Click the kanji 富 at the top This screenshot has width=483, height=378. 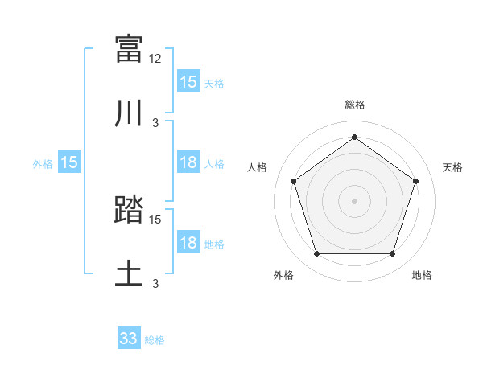click(x=130, y=49)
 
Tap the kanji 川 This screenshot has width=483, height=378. click(x=130, y=114)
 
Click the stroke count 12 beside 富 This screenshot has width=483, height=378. click(x=156, y=58)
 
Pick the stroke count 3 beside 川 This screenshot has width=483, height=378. click(x=156, y=123)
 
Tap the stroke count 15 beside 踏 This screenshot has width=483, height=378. click(x=156, y=219)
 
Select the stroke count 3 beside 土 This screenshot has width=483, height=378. click(x=156, y=284)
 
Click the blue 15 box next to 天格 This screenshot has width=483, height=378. click(x=188, y=82)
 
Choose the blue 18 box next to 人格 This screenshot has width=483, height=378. click(x=188, y=163)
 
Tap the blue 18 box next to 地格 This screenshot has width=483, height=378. click(x=188, y=244)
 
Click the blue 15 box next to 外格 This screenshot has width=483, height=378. click(x=69, y=163)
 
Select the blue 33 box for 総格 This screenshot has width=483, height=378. click(x=129, y=339)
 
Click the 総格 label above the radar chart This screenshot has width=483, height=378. click(x=355, y=105)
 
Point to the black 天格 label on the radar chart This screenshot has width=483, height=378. click(x=453, y=167)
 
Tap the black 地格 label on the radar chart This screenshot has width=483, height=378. click(x=422, y=276)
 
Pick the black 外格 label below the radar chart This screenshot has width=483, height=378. click(x=283, y=276)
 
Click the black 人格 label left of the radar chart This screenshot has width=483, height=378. click(x=258, y=167)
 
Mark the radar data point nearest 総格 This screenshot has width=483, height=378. click(x=354, y=137)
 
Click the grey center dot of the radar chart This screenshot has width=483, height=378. click(x=354, y=200)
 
